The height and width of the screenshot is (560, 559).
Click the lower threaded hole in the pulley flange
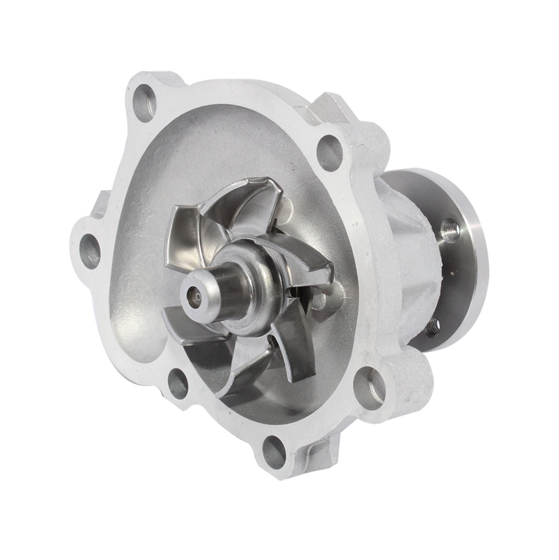[432, 326]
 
